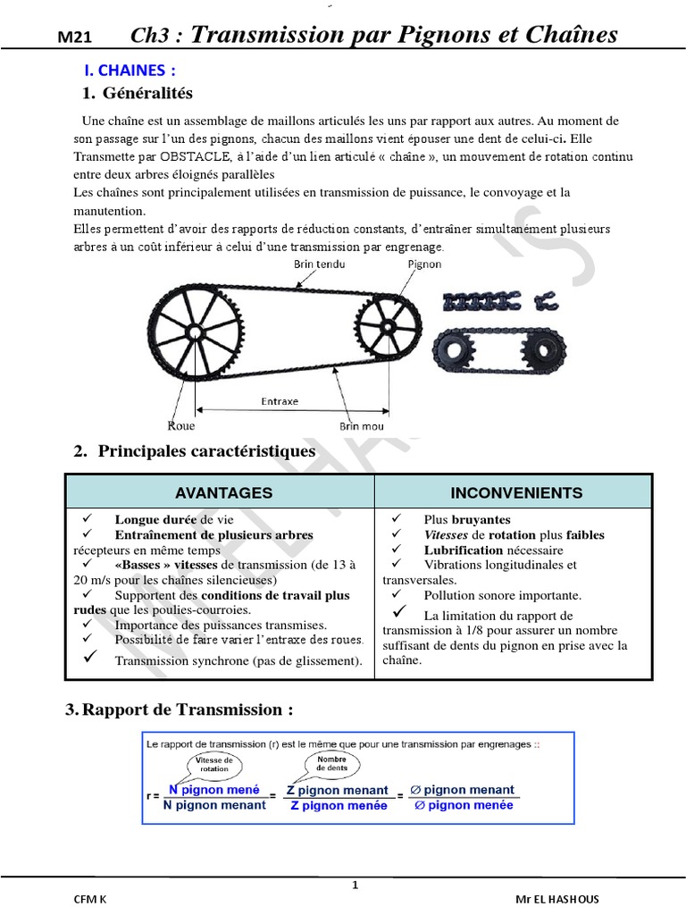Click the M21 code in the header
pyautogui.click(x=75, y=38)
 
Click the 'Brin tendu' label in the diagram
pyautogui.click(x=319, y=264)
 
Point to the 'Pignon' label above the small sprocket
pyautogui.click(x=423, y=264)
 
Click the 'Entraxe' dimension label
pyautogui.click(x=280, y=401)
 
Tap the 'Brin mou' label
pyautogui.click(x=362, y=426)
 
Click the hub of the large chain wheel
pyautogui.click(x=195, y=332)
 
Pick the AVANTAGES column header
pyautogui.click(x=223, y=492)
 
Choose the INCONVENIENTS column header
pyautogui.click(x=516, y=492)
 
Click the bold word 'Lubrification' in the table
pyautogui.click(x=464, y=550)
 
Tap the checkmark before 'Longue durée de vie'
pyautogui.click(x=87, y=518)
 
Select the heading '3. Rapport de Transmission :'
pyautogui.click(x=180, y=709)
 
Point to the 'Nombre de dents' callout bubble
pyautogui.click(x=331, y=762)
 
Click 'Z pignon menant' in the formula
pyautogui.click(x=337, y=790)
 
